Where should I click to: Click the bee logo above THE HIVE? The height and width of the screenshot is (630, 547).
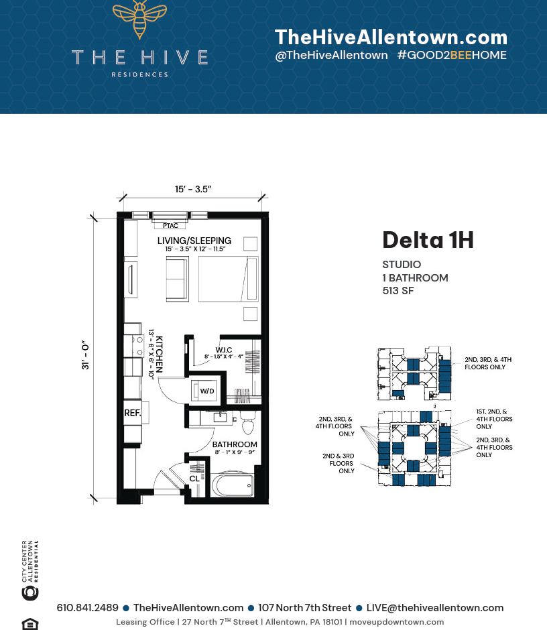[x=139, y=18]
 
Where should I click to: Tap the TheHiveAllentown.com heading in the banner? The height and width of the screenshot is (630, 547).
[x=391, y=38]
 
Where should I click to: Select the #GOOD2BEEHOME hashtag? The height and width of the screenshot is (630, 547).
[x=451, y=56]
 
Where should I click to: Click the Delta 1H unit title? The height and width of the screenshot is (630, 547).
[x=428, y=240]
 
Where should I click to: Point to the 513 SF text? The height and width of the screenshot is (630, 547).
[x=398, y=291]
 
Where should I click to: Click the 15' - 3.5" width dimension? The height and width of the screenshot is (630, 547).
[x=193, y=190]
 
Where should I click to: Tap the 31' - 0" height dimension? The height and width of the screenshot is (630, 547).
[x=86, y=356]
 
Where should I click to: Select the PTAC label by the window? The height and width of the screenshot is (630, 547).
[x=170, y=226]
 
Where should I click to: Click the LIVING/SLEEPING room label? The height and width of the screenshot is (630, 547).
[x=194, y=241]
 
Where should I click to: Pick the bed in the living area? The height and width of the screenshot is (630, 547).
[x=228, y=278]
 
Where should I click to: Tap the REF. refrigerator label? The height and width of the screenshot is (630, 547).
[x=133, y=414]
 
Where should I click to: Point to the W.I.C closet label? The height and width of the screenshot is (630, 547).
[x=223, y=350]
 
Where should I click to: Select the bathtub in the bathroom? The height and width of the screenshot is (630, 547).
[x=233, y=485]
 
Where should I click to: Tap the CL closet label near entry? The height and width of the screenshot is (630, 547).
[x=194, y=479]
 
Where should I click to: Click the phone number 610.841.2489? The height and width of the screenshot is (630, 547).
[x=87, y=608]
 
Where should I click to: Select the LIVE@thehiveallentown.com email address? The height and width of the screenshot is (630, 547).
[x=434, y=608]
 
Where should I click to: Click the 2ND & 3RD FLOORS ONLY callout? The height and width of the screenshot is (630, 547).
[x=339, y=463]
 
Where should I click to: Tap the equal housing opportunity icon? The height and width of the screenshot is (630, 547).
[x=30, y=623]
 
